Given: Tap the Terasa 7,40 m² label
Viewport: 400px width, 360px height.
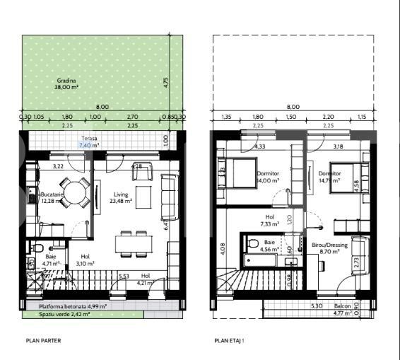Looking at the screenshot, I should click(88, 141).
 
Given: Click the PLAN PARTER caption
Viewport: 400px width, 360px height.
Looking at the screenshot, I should click(43, 340).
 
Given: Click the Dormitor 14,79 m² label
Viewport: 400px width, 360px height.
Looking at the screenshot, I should click(329, 176).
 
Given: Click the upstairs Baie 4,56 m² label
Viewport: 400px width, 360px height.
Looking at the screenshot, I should click(269, 245).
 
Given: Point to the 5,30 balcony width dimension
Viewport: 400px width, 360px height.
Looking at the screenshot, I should click(318, 306).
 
